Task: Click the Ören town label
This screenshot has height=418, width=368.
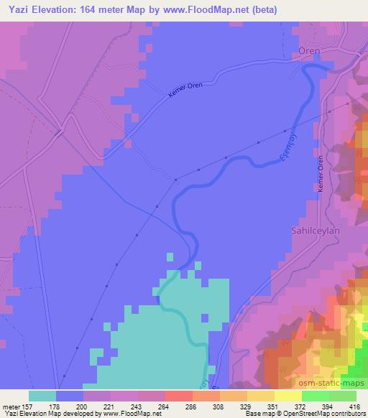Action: [x=309, y=51]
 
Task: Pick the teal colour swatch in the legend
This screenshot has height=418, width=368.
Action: [x=42, y=396]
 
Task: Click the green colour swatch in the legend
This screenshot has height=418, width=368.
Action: [x=315, y=396]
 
